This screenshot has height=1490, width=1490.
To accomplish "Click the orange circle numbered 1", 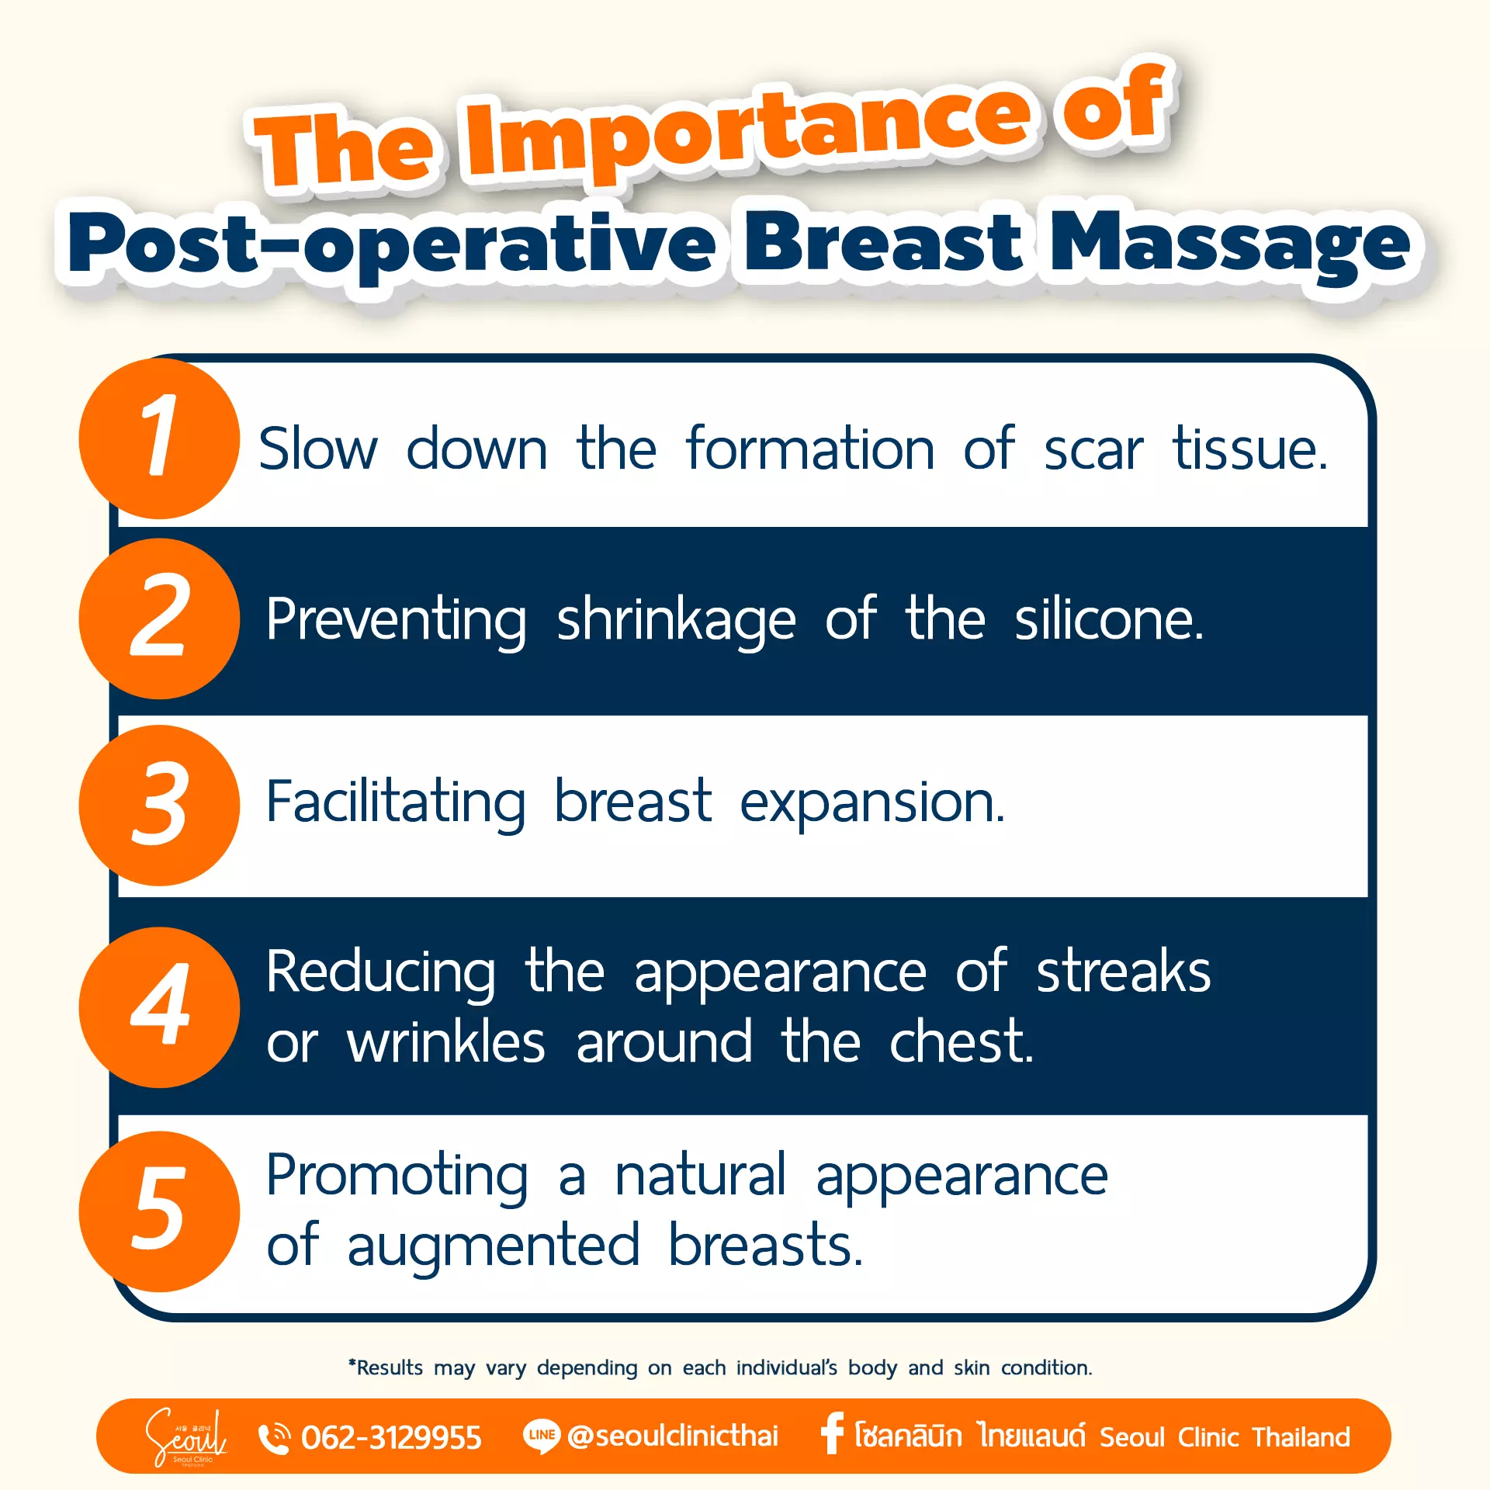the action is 159,438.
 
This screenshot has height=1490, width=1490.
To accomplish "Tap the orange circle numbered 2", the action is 159,619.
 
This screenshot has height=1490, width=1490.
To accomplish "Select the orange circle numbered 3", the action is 159,806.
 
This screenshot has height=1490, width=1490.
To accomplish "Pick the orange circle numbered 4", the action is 159,1007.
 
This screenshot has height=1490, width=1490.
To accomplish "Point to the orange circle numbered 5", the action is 159,1211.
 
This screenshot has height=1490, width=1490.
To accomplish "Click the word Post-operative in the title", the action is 392,244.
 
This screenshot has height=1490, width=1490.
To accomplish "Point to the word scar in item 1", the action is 1093,450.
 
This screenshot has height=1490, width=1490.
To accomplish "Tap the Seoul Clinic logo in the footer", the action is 186,1436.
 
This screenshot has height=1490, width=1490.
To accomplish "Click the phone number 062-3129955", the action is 391,1437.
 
